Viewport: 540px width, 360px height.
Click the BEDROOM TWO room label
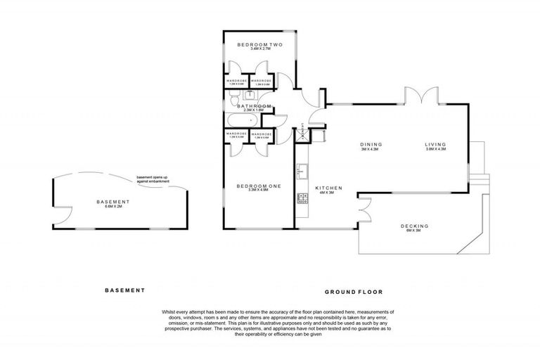pyautogui.click(x=259, y=45)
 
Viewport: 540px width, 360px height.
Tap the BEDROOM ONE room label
pyautogui.click(x=259, y=186)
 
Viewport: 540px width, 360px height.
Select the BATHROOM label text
pyautogui.click(x=254, y=106)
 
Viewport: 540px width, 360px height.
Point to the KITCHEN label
pyautogui.click(x=328, y=188)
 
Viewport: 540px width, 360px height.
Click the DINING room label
pyautogui.click(x=370, y=145)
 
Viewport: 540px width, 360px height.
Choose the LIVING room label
pyautogui.click(x=435, y=145)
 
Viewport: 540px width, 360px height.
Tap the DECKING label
pyautogui.click(x=415, y=226)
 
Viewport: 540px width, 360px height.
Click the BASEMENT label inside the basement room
pyautogui.click(x=113, y=202)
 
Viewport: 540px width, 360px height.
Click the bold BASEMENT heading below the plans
pyautogui.click(x=124, y=290)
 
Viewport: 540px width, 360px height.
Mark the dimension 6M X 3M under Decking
pyautogui.click(x=415, y=231)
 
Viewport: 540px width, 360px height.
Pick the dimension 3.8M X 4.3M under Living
pyautogui.click(x=435, y=150)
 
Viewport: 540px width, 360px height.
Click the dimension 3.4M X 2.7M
pyautogui.click(x=259, y=50)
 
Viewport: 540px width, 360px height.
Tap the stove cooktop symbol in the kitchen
pyautogui.click(x=302, y=199)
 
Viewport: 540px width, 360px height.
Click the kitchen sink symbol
pyautogui.click(x=302, y=170)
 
